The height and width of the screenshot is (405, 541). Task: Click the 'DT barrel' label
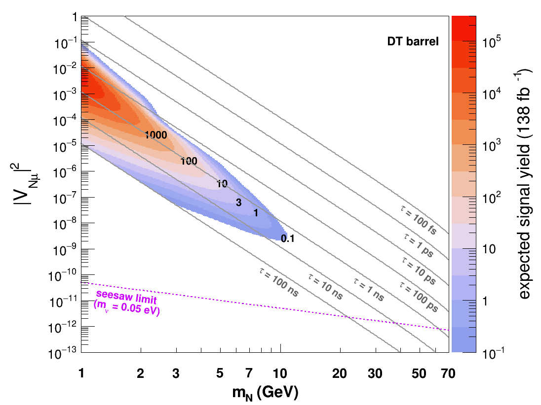tap(413, 41)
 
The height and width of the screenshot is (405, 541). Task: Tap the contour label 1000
tap(156, 135)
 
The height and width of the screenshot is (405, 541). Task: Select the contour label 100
tap(189, 161)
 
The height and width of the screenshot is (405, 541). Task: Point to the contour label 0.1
tap(287, 238)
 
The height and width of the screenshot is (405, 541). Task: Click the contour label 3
tap(239, 202)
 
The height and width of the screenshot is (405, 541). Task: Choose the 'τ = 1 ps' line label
tap(419, 245)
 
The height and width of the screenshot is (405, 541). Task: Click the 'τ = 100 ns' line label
tap(279, 282)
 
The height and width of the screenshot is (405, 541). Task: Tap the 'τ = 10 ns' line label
tap(326, 287)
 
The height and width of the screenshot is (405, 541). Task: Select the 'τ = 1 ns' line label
tap(369, 290)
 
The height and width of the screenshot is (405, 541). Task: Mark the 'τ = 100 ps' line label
tap(419, 297)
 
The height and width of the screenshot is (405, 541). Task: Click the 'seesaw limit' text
tap(126, 297)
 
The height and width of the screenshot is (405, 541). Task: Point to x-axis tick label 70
tap(448, 373)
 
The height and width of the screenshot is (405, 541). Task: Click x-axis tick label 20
tap(340, 373)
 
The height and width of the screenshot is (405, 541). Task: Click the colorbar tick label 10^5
tap(491, 41)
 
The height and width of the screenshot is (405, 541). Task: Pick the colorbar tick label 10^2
tap(491, 197)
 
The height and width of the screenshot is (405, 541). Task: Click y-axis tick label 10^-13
tap(63, 353)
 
